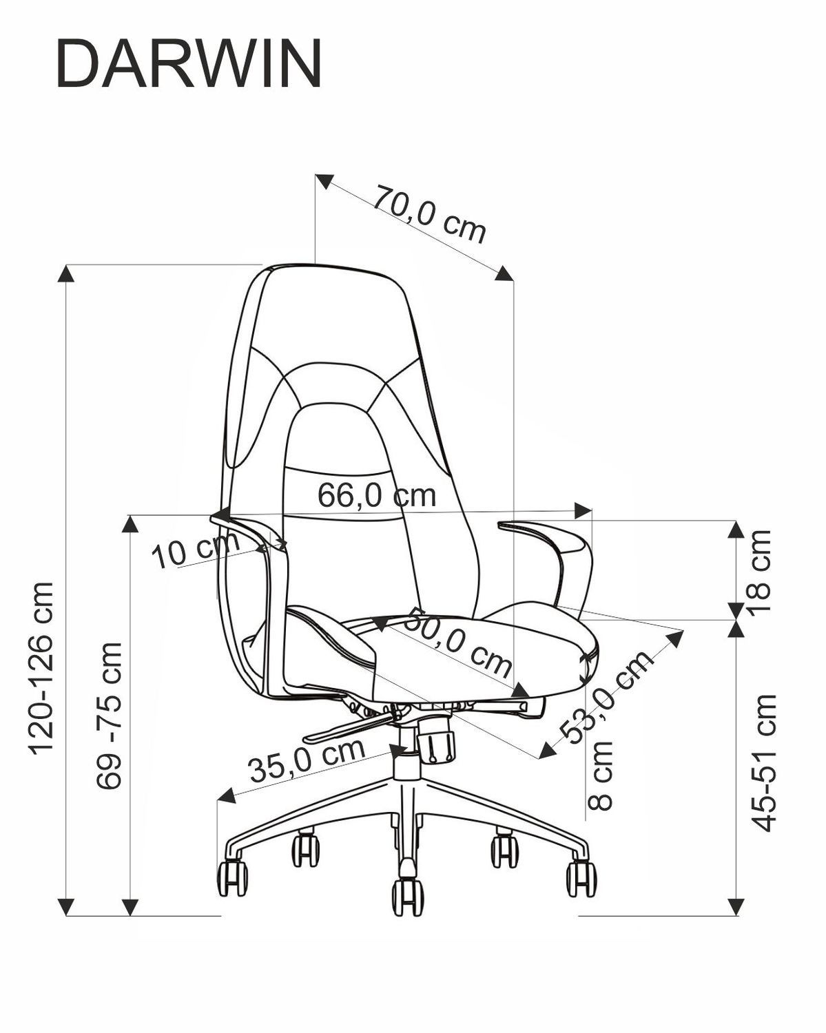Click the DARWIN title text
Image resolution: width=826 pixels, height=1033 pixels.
(188, 63)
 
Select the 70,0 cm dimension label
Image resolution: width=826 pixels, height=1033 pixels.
(430, 214)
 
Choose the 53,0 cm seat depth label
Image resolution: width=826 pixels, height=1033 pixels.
(607, 697)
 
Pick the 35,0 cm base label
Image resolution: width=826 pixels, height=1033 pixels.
(307, 761)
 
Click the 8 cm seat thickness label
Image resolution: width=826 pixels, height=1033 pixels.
(601, 775)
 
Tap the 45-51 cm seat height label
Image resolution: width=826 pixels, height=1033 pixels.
(764, 763)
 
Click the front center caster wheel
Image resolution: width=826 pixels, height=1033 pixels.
(407, 897)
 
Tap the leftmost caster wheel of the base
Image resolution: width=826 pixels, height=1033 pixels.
(232, 877)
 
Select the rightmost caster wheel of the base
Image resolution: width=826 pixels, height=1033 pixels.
(581, 879)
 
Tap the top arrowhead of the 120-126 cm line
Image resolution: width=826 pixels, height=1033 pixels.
(65, 273)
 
